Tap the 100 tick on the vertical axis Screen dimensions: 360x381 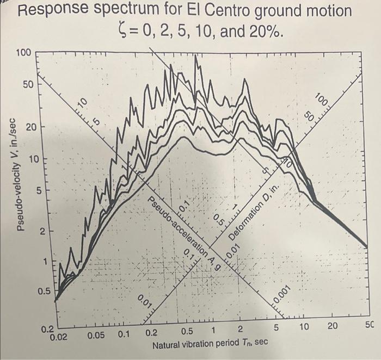pyautogui.click(x=23, y=53)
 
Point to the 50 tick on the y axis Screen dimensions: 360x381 pyautogui.click(x=27, y=85)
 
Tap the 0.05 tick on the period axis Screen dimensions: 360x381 pyautogui.click(x=97, y=336)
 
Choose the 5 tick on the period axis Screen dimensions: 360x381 pyautogui.click(x=276, y=328)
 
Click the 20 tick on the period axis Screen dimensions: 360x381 pyautogui.click(x=333, y=326)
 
